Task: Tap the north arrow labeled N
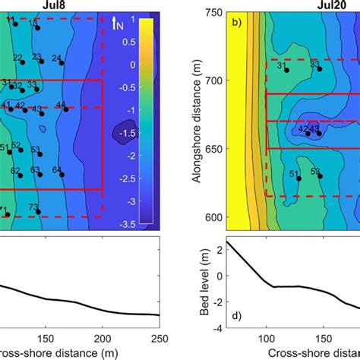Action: click(118, 24)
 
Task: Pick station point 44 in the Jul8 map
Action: click(67, 109)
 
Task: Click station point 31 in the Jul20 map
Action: click(286, 71)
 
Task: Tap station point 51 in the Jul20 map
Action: click(298, 178)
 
